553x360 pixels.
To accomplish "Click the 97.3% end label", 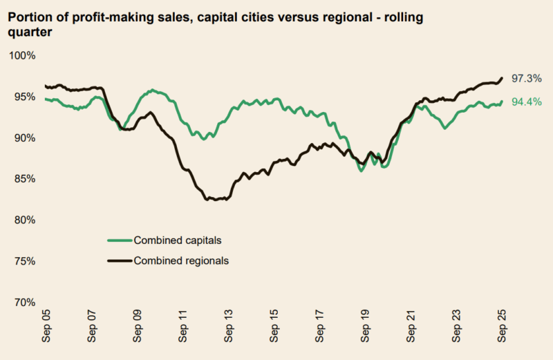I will [x=526, y=79].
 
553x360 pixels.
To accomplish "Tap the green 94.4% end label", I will [x=526, y=102].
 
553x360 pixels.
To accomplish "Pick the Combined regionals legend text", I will [x=181, y=260].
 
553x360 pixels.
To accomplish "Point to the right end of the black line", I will [x=502, y=77].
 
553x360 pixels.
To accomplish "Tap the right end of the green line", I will [x=502, y=102].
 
